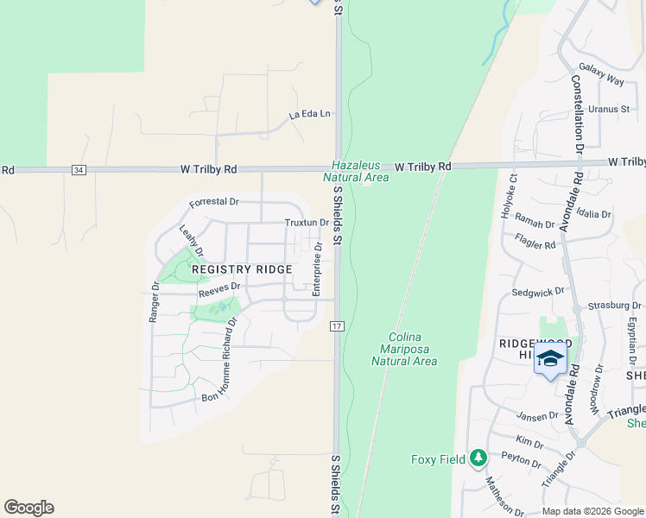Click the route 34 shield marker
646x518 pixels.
pos(79,170)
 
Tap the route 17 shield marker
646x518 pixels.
pos(337,326)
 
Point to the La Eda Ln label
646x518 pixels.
pos(310,114)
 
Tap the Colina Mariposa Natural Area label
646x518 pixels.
pos(404,349)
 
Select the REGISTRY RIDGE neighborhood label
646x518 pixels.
pos(242,269)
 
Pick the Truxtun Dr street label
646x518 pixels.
pos(307,222)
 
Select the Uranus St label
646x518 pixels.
pos(608,110)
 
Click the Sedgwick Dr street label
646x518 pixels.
pos(537,293)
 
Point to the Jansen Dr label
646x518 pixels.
pos(540,416)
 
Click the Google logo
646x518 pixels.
pos(28,508)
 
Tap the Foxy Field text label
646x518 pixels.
pos(438,458)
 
